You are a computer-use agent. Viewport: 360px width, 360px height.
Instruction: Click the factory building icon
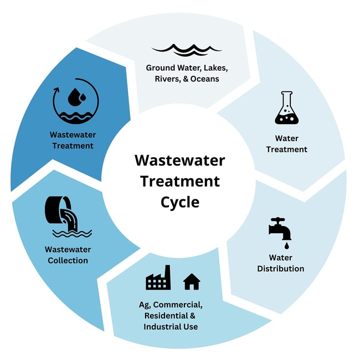158,278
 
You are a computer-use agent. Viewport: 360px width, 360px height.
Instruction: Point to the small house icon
191,281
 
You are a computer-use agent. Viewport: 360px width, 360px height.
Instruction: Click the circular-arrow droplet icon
75,101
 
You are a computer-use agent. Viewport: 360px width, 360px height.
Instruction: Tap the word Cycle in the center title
180,202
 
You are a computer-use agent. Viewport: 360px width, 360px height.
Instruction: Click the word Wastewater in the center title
180,161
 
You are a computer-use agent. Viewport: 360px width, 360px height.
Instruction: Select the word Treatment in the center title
180,181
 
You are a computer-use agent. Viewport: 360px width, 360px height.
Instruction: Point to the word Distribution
281,269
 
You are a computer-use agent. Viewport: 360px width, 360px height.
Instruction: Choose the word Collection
68,260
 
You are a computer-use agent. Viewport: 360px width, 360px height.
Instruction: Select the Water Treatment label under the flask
286,143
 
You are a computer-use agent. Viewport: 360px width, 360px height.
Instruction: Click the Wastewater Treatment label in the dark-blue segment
73,140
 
